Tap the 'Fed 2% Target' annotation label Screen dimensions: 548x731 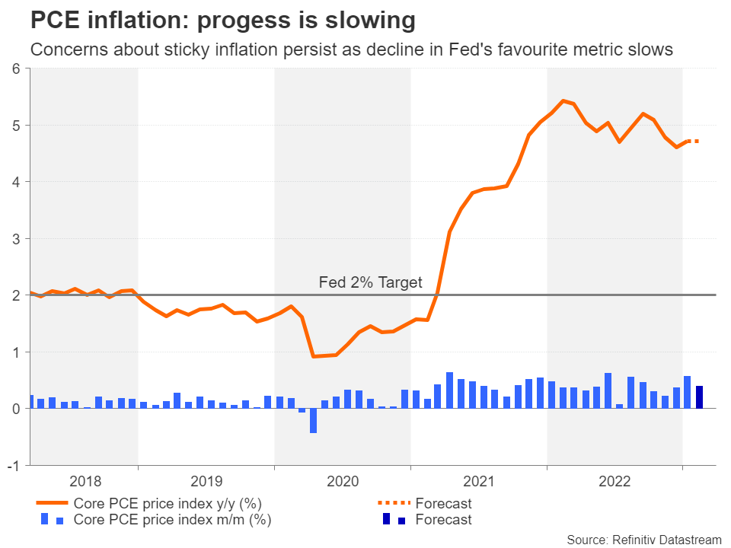pos(370,282)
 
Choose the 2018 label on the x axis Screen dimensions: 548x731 pos(85,480)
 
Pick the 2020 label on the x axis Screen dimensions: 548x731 pos(342,480)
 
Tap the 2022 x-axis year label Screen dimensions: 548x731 pos(614,480)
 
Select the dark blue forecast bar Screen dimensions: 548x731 pos(699,397)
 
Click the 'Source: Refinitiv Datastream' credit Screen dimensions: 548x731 pos(643,540)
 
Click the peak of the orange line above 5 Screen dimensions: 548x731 pos(562,100)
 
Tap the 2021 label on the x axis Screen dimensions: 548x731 pos(478,480)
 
